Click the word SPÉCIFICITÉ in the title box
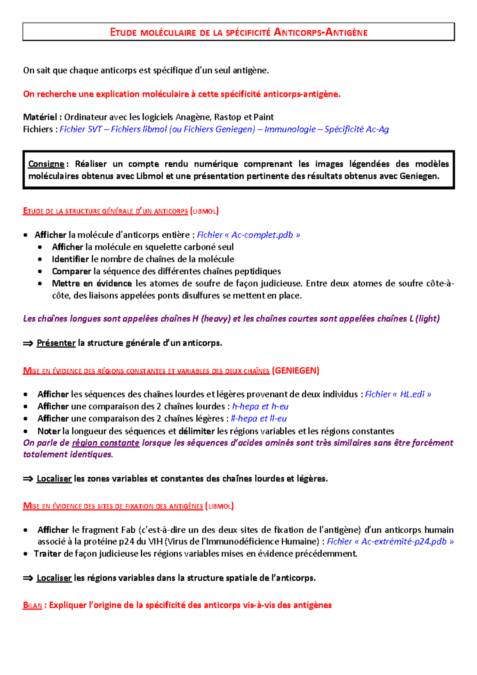[x=248, y=33]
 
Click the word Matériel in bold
[x=40, y=117]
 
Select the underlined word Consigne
[x=46, y=164]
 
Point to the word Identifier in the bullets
[x=70, y=259]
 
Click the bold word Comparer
[x=72, y=271]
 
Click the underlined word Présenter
[x=56, y=343]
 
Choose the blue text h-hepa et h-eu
[x=260, y=406]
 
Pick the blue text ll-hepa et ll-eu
[x=259, y=419]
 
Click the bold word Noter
[x=49, y=431]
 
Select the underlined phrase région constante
[x=105, y=443]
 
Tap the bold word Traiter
[x=48, y=553]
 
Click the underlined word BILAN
[x=33, y=605]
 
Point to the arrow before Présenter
[x=28, y=343]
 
